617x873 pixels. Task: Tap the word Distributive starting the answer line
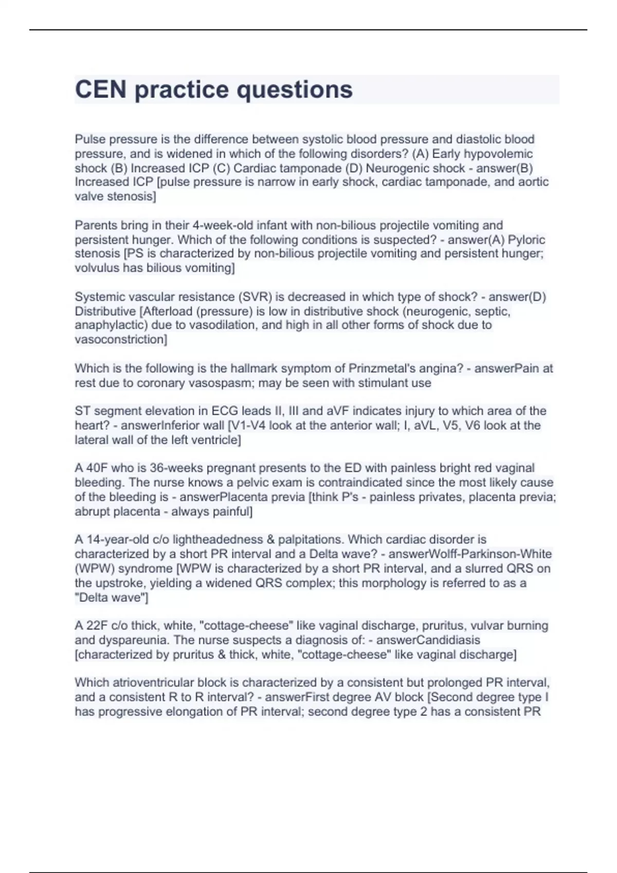105,311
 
